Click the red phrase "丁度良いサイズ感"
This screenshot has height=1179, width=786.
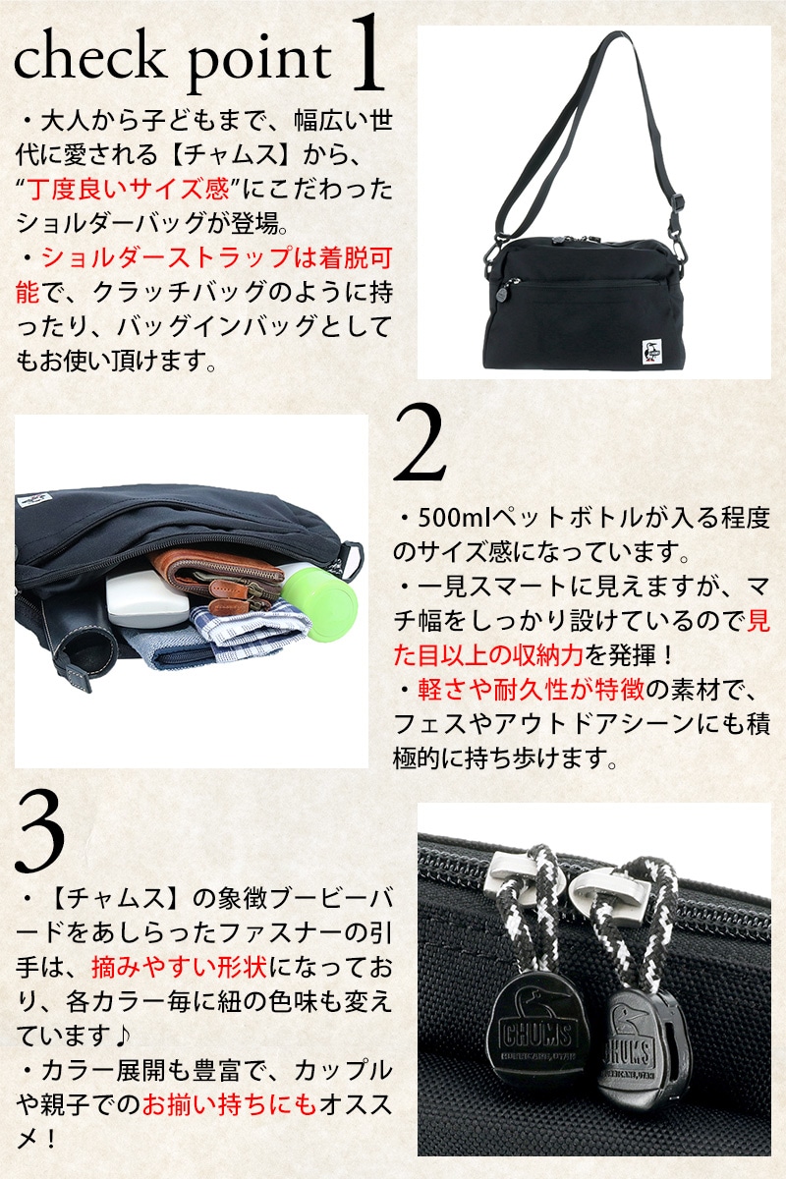(129, 190)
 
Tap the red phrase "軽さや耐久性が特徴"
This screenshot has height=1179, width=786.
(531, 689)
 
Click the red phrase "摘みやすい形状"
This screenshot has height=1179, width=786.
(180, 967)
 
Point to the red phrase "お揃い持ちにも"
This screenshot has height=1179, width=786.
(230, 1103)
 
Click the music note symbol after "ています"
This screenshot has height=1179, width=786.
(122, 1036)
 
